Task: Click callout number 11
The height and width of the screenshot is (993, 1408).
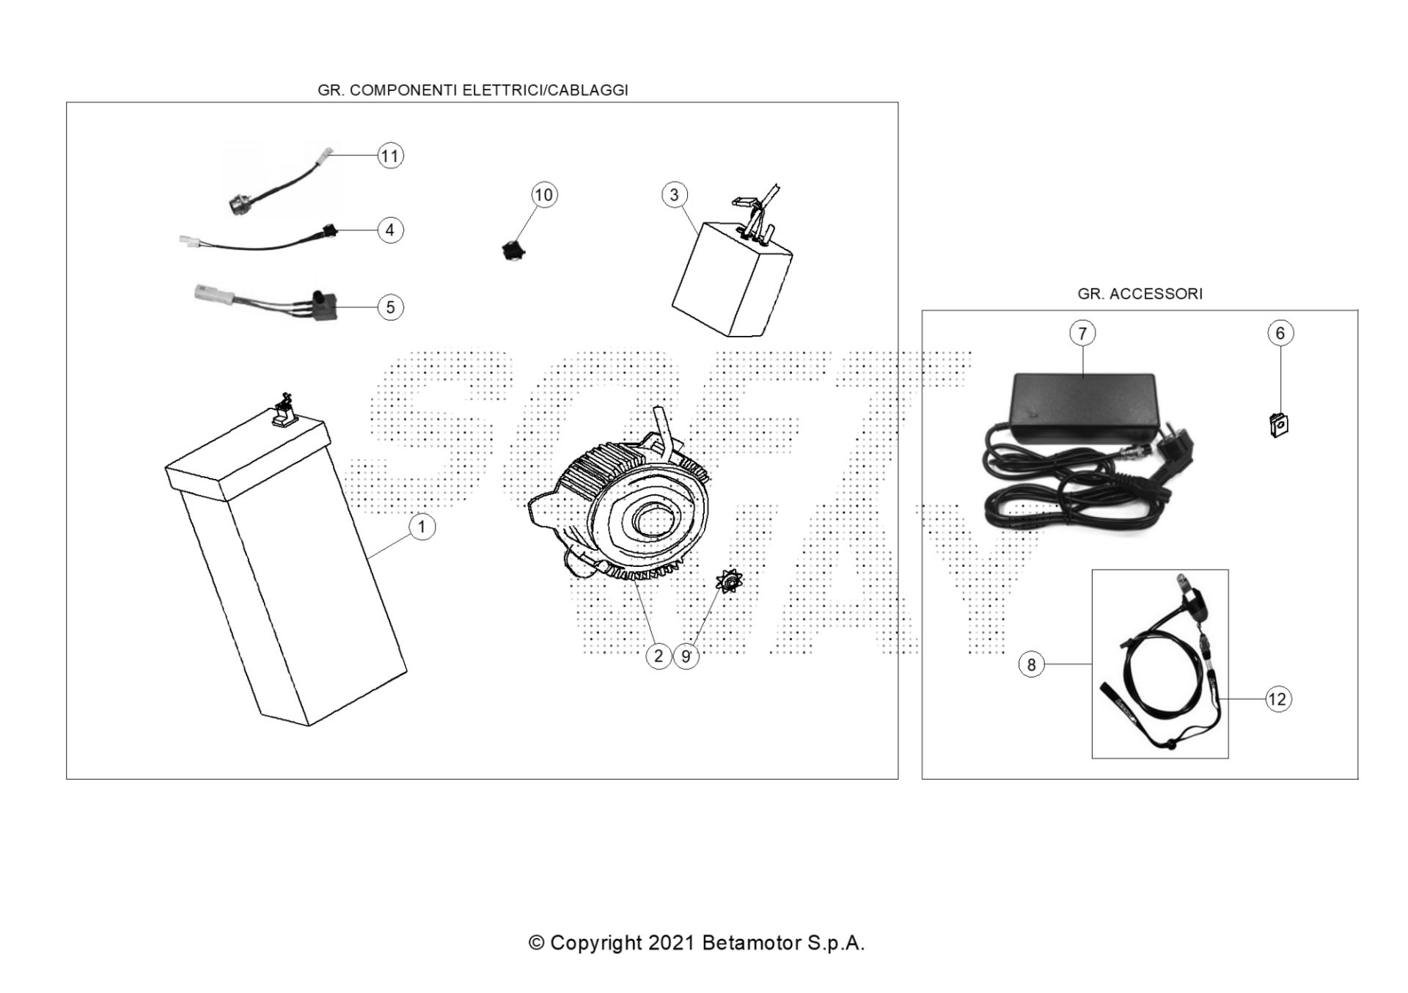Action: click(x=390, y=155)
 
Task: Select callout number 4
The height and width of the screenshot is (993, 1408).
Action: click(x=390, y=230)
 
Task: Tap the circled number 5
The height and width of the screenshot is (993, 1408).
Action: click(x=390, y=307)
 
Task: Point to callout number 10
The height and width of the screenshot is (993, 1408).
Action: click(x=543, y=195)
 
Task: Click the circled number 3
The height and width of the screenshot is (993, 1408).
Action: click(x=675, y=195)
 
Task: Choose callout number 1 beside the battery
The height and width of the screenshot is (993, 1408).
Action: click(x=422, y=527)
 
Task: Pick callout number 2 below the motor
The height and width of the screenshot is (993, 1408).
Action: click(x=659, y=656)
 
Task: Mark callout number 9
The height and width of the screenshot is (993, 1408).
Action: click(x=686, y=656)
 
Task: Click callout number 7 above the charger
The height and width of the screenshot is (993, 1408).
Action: click(x=1082, y=333)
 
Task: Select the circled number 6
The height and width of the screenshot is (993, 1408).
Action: click(x=1280, y=333)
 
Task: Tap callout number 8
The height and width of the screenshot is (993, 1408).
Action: click(x=1031, y=664)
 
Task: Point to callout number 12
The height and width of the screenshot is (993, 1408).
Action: click(x=1277, y=699)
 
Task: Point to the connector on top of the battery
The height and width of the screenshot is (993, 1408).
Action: click(x=283, y=413)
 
